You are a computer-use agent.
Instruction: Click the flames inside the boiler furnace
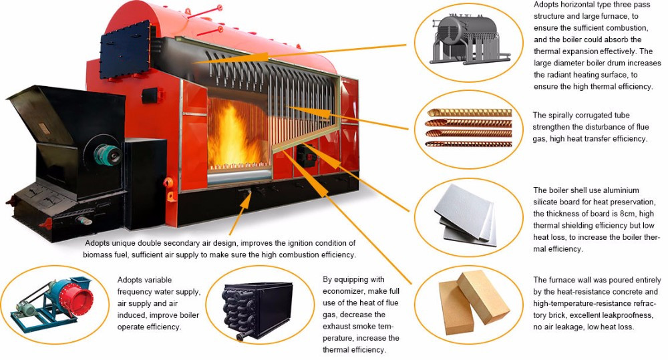point(230,137)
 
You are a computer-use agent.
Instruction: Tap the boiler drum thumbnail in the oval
point(467,40)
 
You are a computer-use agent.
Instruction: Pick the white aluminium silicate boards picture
point(467,214)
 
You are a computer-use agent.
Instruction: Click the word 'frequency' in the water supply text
point(136,291)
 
